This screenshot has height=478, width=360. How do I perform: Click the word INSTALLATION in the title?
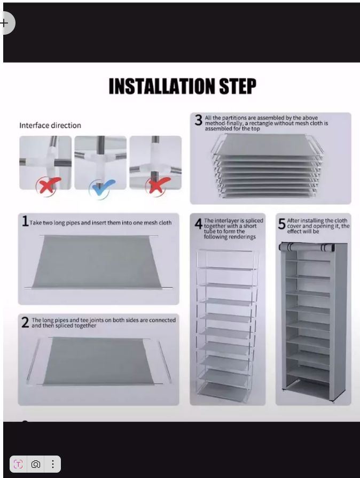pos(162,86)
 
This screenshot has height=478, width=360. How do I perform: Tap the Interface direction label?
pos(50,125)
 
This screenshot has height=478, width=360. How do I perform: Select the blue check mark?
pos(101,188)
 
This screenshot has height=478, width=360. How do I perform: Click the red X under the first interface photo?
pos(48,186)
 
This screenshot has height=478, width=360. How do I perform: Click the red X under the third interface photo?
pos(157,186)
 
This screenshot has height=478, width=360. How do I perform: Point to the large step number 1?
pos(25,221)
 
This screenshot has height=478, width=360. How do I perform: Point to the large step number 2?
pos(25,322)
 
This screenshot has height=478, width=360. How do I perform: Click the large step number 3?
pos(199,120)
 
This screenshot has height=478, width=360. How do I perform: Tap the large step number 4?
pos(199,224)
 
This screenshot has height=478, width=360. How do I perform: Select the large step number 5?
pos(281,224)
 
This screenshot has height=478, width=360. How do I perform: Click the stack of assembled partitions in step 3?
pos(267,166)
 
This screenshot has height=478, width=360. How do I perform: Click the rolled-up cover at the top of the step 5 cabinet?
pos(307,247)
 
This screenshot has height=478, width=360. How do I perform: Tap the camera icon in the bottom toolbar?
pos(36,464)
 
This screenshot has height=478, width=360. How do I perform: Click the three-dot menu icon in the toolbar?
pos(53,464)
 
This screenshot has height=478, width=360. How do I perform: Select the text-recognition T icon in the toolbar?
pos(18,464)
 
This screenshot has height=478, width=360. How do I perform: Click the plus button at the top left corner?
pos(4,23)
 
